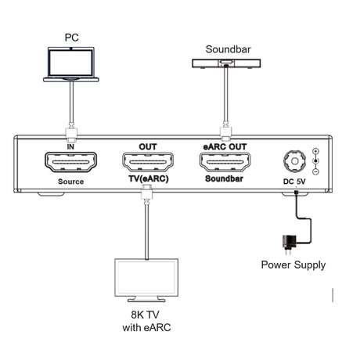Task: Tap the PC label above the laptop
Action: (72, 36)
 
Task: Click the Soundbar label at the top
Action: (228, 49)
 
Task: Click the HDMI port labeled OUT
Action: (148, 164)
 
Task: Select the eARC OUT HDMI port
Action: (226, 164)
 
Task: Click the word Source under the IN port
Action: (70, 182)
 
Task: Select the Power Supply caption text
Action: (293, 265)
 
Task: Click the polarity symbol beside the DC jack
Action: (315, 160)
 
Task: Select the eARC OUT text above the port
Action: (226, 146)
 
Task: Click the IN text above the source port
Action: (70, 146)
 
